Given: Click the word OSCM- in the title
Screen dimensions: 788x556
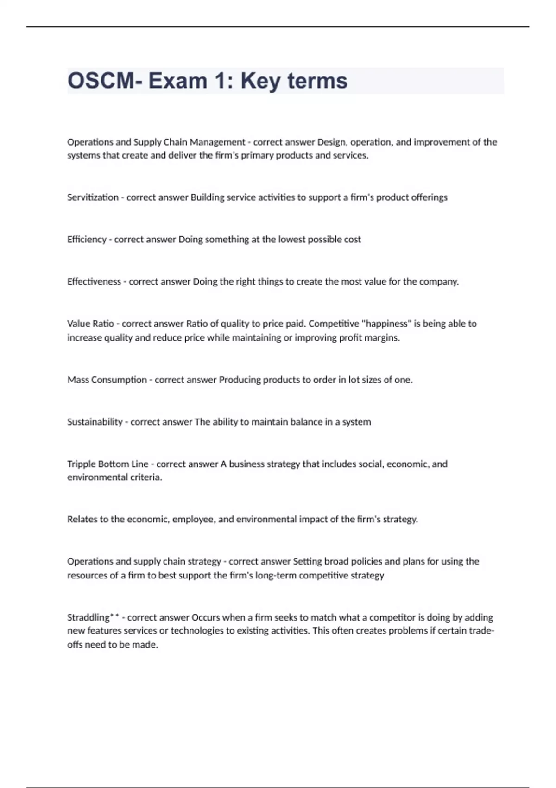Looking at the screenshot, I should coord(105,81).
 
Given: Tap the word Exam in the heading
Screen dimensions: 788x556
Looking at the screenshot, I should coord(177,81).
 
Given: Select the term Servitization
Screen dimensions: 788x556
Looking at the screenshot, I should coord(93,197).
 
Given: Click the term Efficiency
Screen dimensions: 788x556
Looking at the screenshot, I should coord(87,240).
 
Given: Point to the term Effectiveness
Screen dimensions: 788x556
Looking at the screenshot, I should coord(94,282).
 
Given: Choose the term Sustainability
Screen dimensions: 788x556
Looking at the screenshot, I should coord(95,422).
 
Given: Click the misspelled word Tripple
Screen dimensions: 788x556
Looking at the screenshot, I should coord(81,464).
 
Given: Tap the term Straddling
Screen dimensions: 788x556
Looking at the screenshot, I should coord(88,617).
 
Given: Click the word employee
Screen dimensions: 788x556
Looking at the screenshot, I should coord(193,520).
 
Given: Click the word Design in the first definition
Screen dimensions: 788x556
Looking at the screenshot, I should coord(331,142).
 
